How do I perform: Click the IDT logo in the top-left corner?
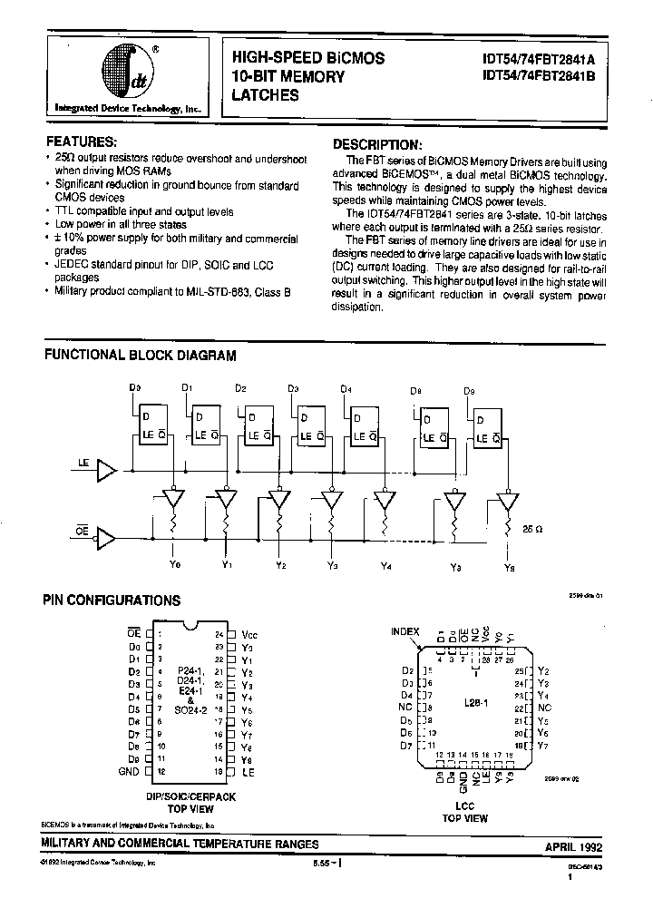126,72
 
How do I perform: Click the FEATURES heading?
81,142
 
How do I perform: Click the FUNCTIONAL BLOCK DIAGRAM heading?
141,356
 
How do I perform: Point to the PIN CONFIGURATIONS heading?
112,601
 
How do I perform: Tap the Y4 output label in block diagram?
387,568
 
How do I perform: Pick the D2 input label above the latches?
240,388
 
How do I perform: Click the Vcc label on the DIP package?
250,635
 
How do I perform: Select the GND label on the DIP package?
129,771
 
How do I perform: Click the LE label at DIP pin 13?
248,771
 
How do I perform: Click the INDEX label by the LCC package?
405,630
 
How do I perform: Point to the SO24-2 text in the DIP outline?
191,711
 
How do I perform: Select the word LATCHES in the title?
266,94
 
